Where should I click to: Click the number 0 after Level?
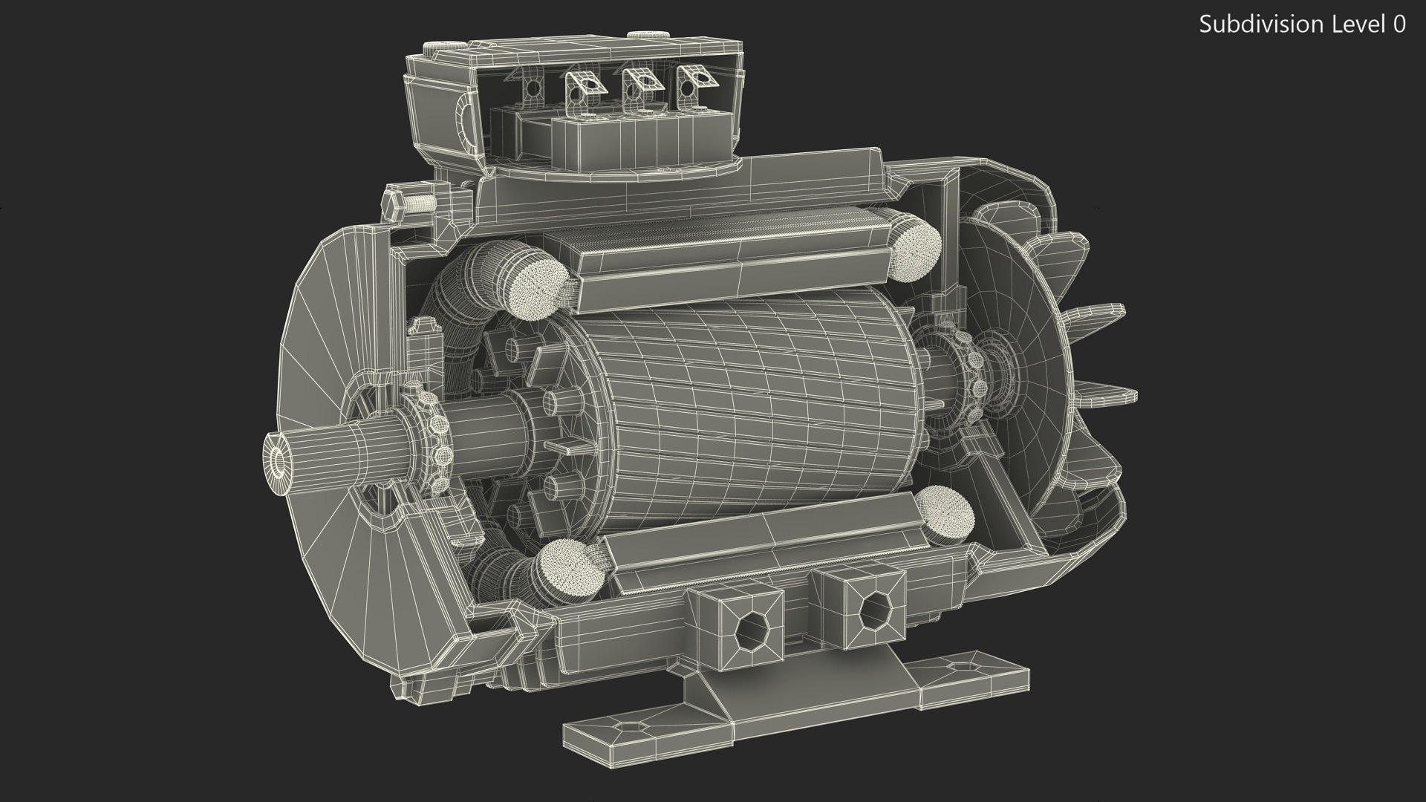[x=1399, y=25]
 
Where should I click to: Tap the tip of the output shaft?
[x=279, y=461]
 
